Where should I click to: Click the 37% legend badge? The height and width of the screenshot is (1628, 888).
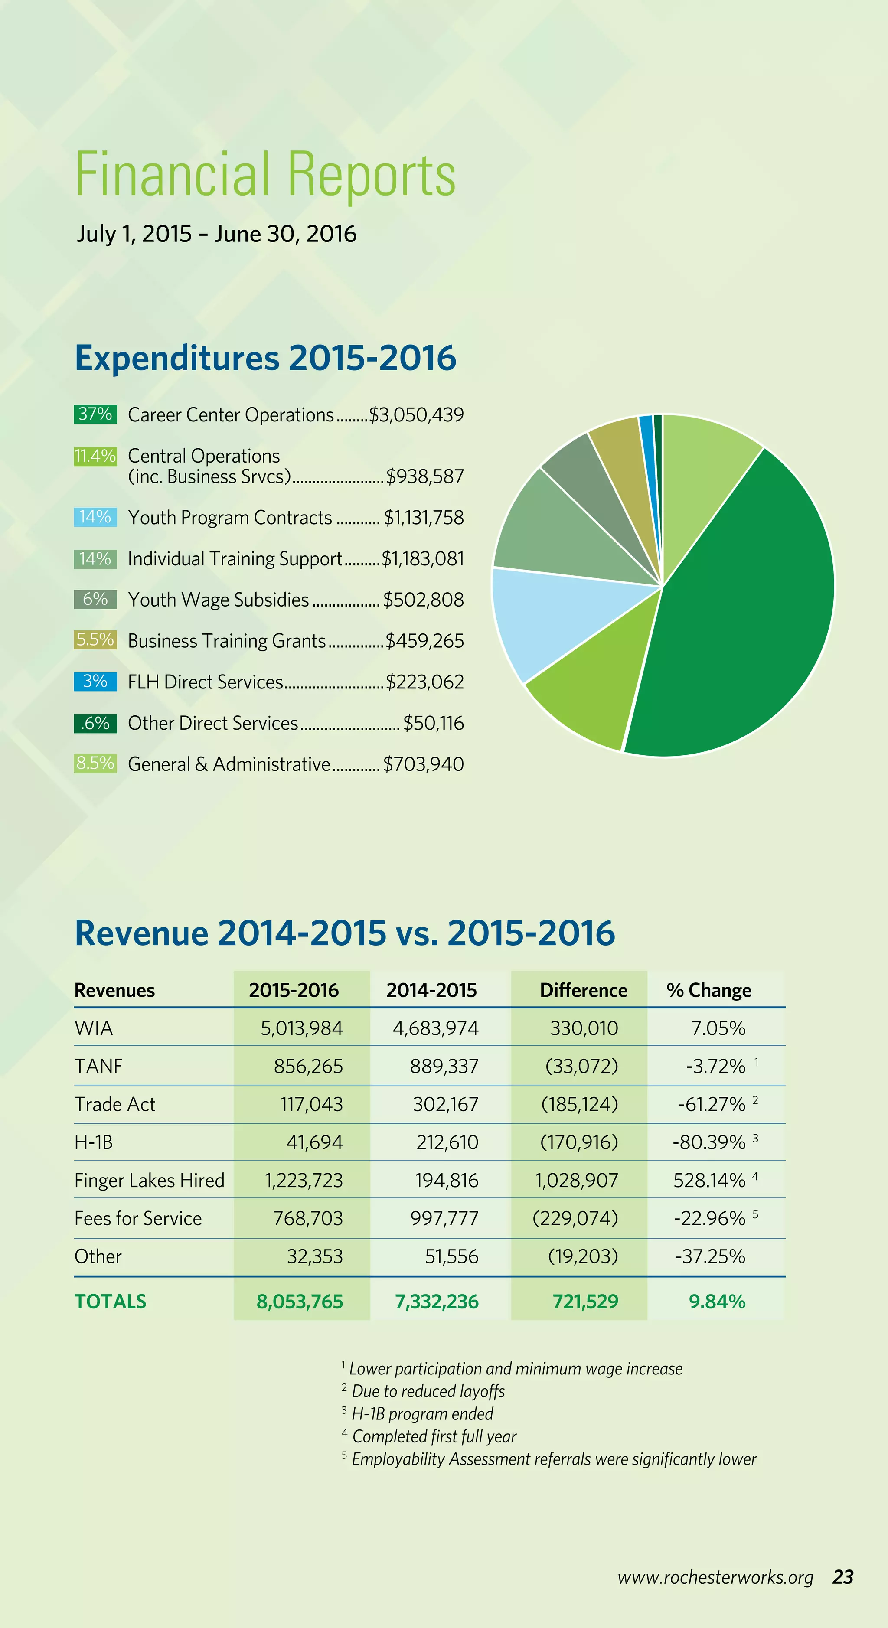pos(95,414)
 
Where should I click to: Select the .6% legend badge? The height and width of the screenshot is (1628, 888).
pos(95,723)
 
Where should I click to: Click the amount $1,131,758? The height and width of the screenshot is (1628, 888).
pos(424,518)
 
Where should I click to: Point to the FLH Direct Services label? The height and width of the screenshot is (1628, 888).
pos(206,682)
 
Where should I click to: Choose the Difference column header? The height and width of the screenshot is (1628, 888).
pos(583,990)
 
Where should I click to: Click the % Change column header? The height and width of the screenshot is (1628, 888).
pos(708,990)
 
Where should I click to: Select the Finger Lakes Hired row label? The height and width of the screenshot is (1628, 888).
pos(149,1181)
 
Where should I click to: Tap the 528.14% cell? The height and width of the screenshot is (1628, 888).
pos(709,1181)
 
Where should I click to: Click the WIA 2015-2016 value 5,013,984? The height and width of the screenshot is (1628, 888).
pos(301,1028)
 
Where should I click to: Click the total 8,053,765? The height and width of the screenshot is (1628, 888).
pos(300,1302)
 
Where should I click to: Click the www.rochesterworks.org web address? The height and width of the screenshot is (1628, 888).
pos(715,1577)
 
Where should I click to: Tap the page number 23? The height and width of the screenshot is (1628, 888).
pos(843,1577)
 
